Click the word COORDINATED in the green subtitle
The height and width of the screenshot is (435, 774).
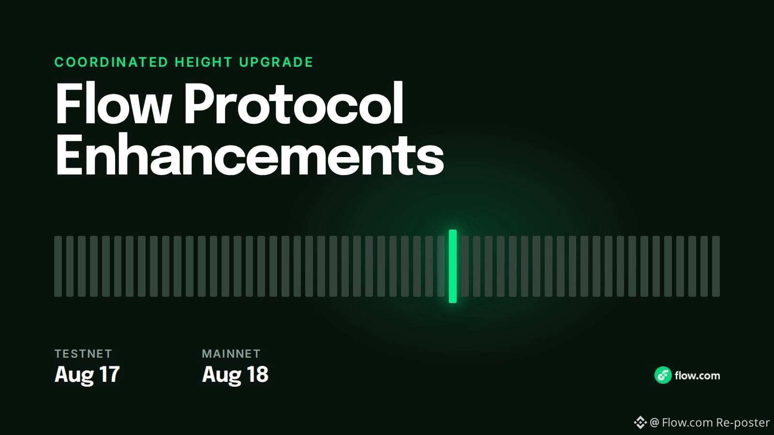pyautogui.click(x=111, y=62)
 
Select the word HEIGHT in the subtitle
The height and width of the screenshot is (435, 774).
pyautogui.click(x=204, y=62)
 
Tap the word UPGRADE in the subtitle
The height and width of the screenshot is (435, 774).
pyautogui.click(x=276, y=62)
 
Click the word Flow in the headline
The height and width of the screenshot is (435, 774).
pyautogui.click(x=113, y=103)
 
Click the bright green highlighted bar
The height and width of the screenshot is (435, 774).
pyautogui.click(x=453, y=266)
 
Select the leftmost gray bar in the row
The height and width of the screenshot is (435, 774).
pyautogui.click(x=58, y=266)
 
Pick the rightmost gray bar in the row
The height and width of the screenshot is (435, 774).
pyautogui.click(x=716, y=266)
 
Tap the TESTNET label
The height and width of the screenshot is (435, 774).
pyautogui.click(x=83, y=353)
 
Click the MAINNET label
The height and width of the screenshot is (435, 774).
pyautogui.click(x=231, y=353)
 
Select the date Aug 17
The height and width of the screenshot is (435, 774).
pyautogui.click(x=87, y=375)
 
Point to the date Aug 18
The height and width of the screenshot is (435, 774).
pyautogui.click(x=235, y=375)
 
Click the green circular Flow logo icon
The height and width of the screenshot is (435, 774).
pyautogui.click(x=663, y=375)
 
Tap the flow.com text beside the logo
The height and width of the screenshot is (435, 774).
pyautogui.click(x=697, y=376)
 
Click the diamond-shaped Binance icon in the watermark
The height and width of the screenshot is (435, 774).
pyautogui.click(x=640, y=422)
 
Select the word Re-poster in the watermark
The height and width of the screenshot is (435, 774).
pyautogui.click(x=743, y=422)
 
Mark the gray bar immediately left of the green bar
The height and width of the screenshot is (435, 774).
pyautogui.click(x=441, y=266)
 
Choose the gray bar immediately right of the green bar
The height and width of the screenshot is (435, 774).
pyautogui.click(x=465, y=266)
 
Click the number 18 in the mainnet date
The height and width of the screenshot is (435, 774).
pyautogui.click(x=257, y=374)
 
